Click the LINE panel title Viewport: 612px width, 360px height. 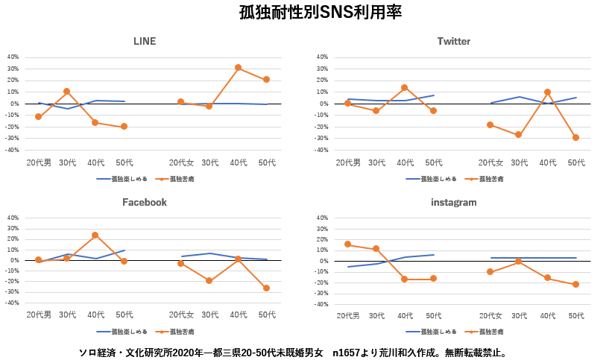(x=145, y=41)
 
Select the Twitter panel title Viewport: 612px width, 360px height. (x=453, y=41)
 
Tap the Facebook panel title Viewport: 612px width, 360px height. (x=145, y=202)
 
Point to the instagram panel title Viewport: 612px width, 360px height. (x=453, y=202)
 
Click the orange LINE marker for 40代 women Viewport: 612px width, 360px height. (x=238, y=68)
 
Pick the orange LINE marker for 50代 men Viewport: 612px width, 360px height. (x=124, y=127)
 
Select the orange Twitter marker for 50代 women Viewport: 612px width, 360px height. (x=576, y=138)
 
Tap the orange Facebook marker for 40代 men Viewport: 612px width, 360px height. (x=95, y=235)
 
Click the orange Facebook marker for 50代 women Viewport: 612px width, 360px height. (x=266, y=288)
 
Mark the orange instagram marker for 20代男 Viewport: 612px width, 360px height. (x=347, y=244)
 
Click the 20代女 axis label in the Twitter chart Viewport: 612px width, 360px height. (x=490, y=162)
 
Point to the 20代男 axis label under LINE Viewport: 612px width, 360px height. (x=39, y=162)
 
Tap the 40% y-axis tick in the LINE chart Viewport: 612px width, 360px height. (x=13, y=57)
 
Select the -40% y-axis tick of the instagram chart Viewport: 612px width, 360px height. (x=321, y=304)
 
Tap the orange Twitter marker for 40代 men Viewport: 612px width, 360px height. (x=405, y=88)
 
